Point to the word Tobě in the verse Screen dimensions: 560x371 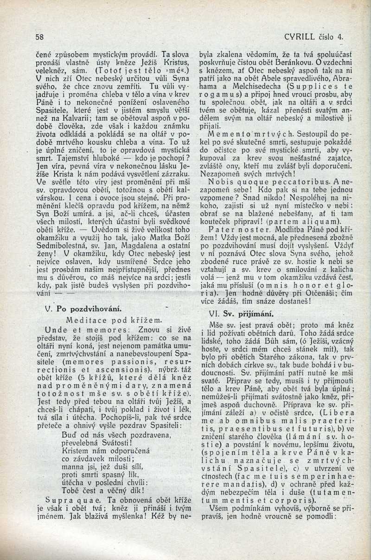pyautogui.click(x=70, y=490)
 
